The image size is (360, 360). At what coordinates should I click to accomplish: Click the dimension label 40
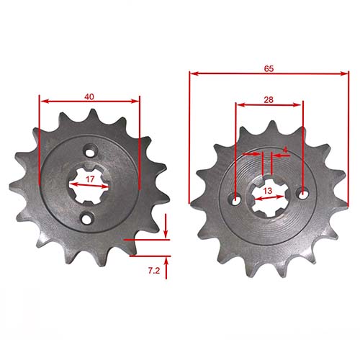coord(89,96)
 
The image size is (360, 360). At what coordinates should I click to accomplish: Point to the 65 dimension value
coord(268,68)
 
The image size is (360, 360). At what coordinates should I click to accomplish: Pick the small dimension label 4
coord(285,149)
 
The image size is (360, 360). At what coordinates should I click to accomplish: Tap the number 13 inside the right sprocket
coord(268,191)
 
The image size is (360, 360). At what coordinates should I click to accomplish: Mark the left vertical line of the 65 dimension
coord(189,137)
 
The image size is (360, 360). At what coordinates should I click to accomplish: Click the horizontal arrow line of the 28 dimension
coord(269,105)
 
